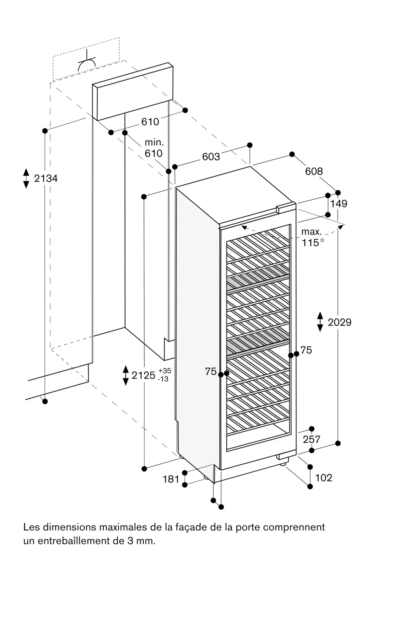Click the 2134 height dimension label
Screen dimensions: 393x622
pos(46,179)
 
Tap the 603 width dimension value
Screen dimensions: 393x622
pos(211,157)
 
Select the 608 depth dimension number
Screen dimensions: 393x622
pos(314,171)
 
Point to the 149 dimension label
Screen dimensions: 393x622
pos(339,204)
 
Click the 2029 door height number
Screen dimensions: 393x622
pos(339,322)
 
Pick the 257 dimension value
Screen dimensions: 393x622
pos(311,439)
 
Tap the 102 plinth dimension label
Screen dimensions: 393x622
pos(324,478)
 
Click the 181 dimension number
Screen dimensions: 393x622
pos(171,479)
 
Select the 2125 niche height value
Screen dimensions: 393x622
pos(143,375)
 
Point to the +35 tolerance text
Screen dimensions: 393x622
pos(165,371)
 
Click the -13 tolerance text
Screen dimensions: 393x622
pos(164,379)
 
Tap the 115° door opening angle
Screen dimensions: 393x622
pos(313,243)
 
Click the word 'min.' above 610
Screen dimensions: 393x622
pos(154,143)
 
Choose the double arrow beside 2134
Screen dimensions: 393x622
pos(26,178)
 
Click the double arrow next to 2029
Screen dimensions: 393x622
pos(320,322)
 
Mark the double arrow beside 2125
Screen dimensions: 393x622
pos(126,375)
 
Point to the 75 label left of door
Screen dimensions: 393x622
pos(211,371)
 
